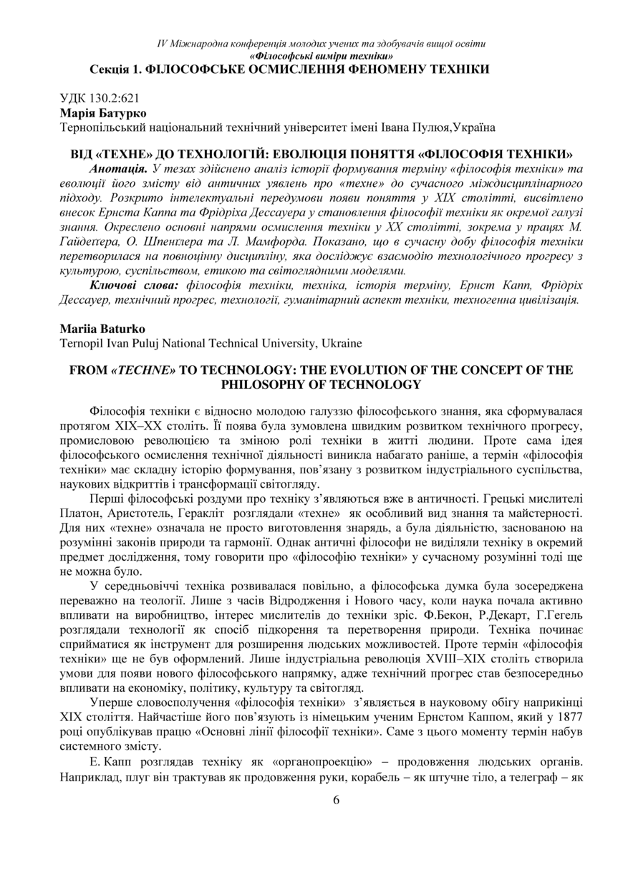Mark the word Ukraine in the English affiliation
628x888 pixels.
(342, 344)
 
